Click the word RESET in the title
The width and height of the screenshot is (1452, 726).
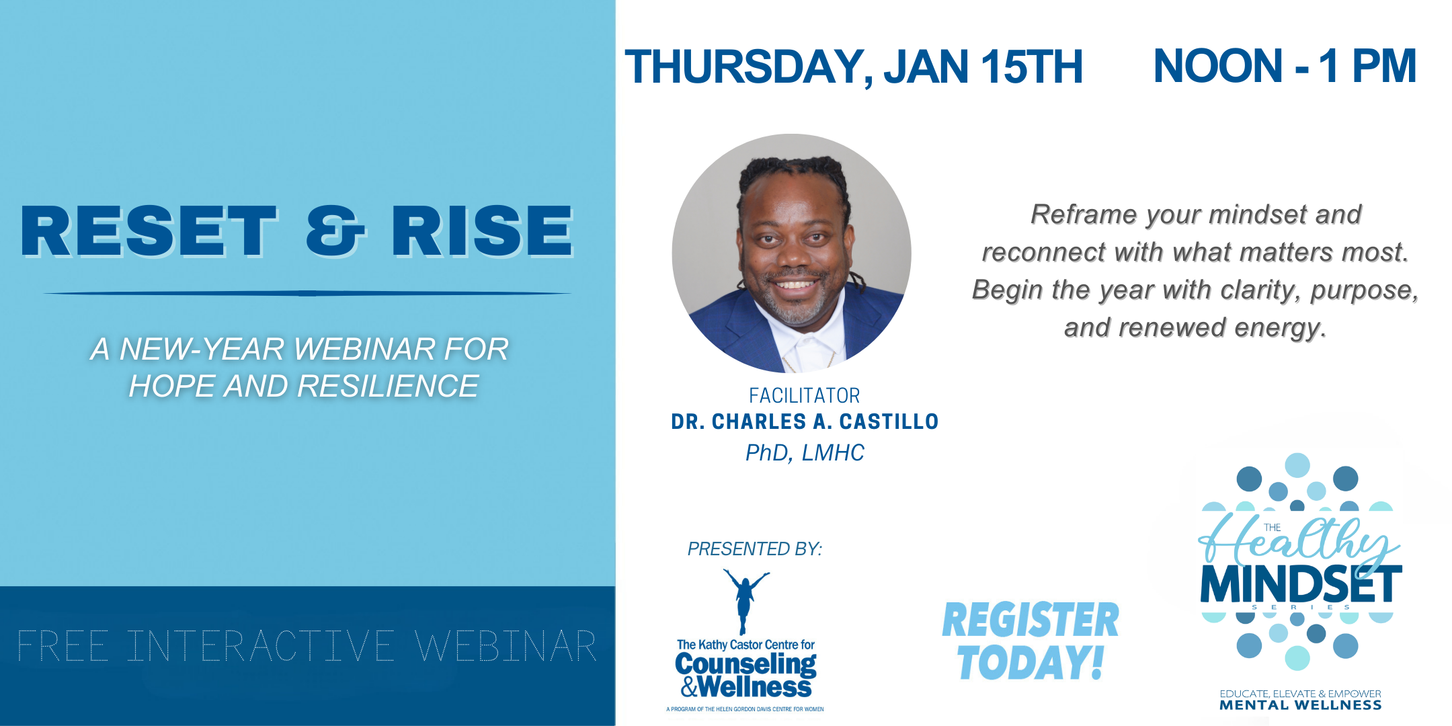pos(149,231)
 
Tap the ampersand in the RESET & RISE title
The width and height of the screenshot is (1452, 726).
pos(335,231)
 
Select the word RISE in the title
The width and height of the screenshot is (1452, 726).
pos(482,231)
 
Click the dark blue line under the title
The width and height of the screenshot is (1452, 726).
pos(307,293)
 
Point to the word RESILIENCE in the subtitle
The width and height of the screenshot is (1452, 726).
pos(388,386)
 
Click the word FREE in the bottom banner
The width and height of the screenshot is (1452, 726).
pos(63,646)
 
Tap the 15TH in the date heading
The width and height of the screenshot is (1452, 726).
pos(1031,67)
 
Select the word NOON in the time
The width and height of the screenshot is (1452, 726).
pos(1218,66)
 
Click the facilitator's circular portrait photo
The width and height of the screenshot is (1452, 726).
pos(791,253)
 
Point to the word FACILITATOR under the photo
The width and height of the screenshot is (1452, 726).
pos(805,395)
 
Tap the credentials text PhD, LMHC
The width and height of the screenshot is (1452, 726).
pos(805,452)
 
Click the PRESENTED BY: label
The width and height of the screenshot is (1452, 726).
pos(754,549)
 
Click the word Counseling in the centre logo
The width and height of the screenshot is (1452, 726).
pos(745,664)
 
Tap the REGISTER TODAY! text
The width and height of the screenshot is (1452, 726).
pos(1031,641)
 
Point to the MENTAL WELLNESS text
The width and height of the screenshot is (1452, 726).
pos(1301,705)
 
